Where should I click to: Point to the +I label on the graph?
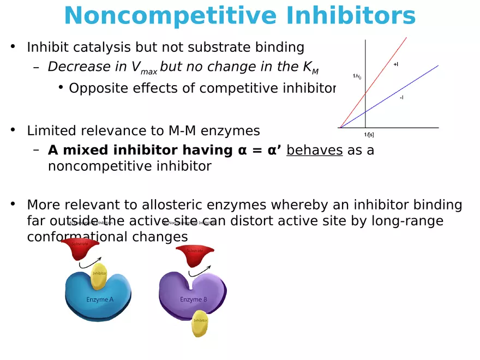396,64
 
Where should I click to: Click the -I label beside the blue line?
401,98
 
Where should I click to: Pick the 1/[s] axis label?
369,134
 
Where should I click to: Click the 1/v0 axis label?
357,77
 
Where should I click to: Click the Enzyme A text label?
100,299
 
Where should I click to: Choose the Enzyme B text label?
194,299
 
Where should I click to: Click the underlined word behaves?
314,150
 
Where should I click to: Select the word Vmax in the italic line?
145,68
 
